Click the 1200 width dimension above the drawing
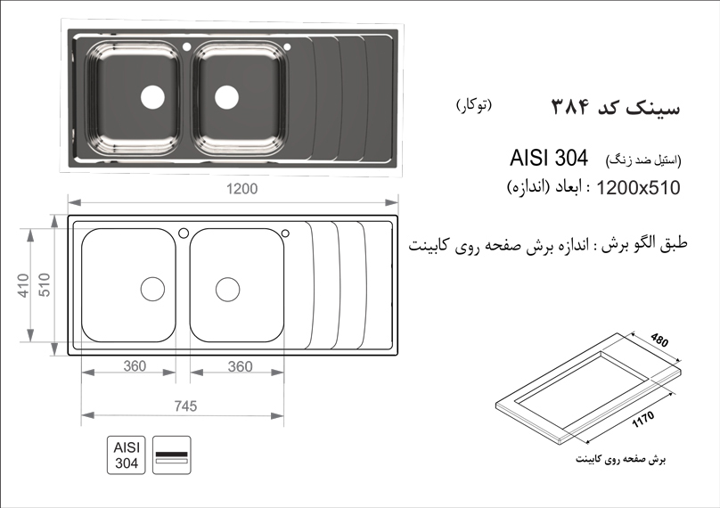[242, 189]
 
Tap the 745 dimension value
[185, 406]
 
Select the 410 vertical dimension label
[24, 285]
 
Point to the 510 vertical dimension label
[44, 284]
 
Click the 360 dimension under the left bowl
[135, 366]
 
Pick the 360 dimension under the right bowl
[241, 366]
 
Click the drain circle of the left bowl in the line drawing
[152, 290]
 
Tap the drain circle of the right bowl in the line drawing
[228, 290]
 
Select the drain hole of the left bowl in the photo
[152, 97]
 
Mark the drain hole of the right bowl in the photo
[227, 97]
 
